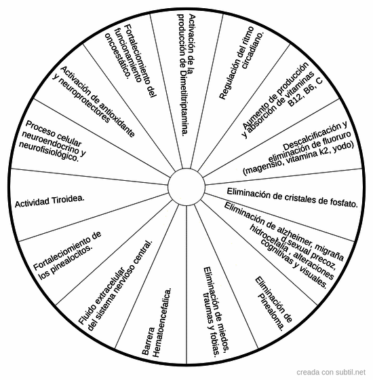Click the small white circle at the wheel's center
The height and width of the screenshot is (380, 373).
click(x=186, y=187)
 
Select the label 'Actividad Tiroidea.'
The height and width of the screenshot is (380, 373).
click(x=50, y=201)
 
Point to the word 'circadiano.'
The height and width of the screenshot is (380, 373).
click(x=252, y=50)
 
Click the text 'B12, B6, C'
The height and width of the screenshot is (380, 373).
click(x=305, y=92)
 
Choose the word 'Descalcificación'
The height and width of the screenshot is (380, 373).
click(x=315, y=136)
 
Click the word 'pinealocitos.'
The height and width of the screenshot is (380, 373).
click(x=66, y=262)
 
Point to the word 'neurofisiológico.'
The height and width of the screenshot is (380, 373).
click(x=49, y=152)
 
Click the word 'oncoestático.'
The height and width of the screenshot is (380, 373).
click(x=118, y=56)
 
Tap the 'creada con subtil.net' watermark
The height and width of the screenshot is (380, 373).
click(x=331, y=372)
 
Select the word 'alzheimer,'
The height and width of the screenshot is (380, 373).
click(x=289, y=232)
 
